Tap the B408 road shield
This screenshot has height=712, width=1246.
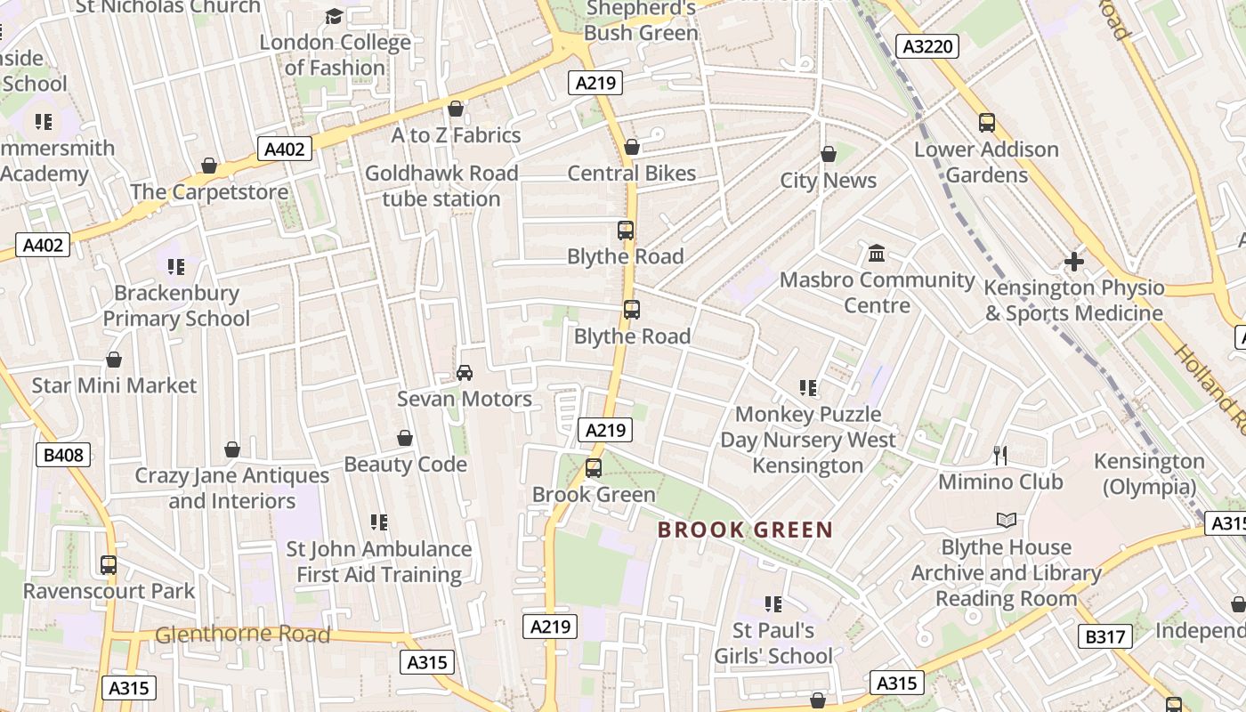63,456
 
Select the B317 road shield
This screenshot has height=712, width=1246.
1105,636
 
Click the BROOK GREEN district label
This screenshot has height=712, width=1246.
745,530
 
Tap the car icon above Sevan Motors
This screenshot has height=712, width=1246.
464,372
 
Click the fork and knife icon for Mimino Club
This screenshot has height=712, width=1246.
1000,456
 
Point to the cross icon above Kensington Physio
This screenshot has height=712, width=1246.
1074,262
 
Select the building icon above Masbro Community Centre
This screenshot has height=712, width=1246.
877,254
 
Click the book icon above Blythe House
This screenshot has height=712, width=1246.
1006,521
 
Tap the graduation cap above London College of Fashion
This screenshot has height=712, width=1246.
334,16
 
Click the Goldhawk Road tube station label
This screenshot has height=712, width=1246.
441,186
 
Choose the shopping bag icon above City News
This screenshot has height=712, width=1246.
829,154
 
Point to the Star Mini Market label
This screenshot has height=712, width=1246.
114,385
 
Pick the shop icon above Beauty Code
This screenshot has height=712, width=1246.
405,438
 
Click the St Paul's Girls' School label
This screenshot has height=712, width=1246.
773,643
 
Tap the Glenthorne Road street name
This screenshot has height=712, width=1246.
242,635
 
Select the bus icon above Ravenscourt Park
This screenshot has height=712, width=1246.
109,564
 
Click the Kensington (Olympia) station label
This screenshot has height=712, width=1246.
1148,474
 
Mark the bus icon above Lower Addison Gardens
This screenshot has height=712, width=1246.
986,123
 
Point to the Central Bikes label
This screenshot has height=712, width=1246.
632,174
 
